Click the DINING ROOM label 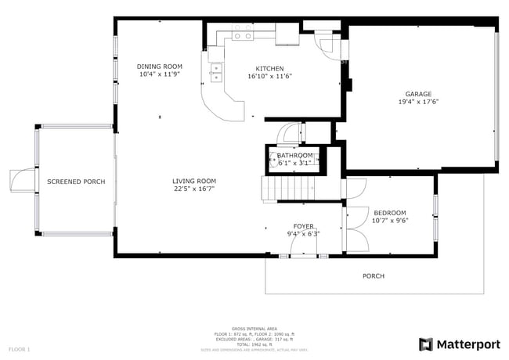point(160,67)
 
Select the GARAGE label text point(418,93)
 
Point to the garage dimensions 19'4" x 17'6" point(418,101)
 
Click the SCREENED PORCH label point(76,182)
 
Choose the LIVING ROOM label point(194,181)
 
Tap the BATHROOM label point(295,156)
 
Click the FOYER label point(304,226)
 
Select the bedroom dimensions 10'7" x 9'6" point(389,220)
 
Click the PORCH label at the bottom point(374,275)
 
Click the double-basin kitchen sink point(215,73)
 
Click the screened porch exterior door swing point(20,181)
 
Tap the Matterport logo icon point(426,344)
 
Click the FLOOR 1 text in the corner point(20,348)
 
